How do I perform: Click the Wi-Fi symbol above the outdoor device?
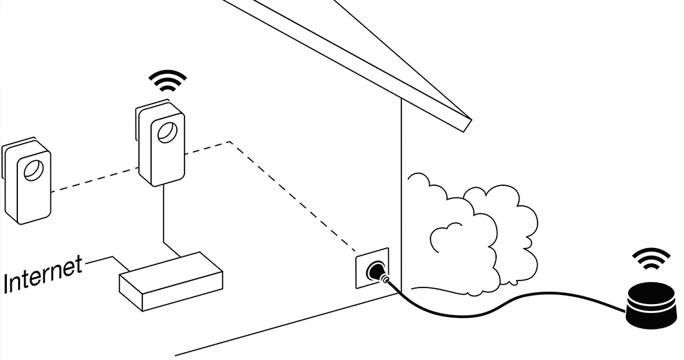(x=651, y=259)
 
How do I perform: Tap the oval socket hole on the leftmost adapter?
(x=33, y=169)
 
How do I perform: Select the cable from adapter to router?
(x=164, y=221)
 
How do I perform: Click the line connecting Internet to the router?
(x=104, y=260)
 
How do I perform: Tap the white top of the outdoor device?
(x=651, y=290)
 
